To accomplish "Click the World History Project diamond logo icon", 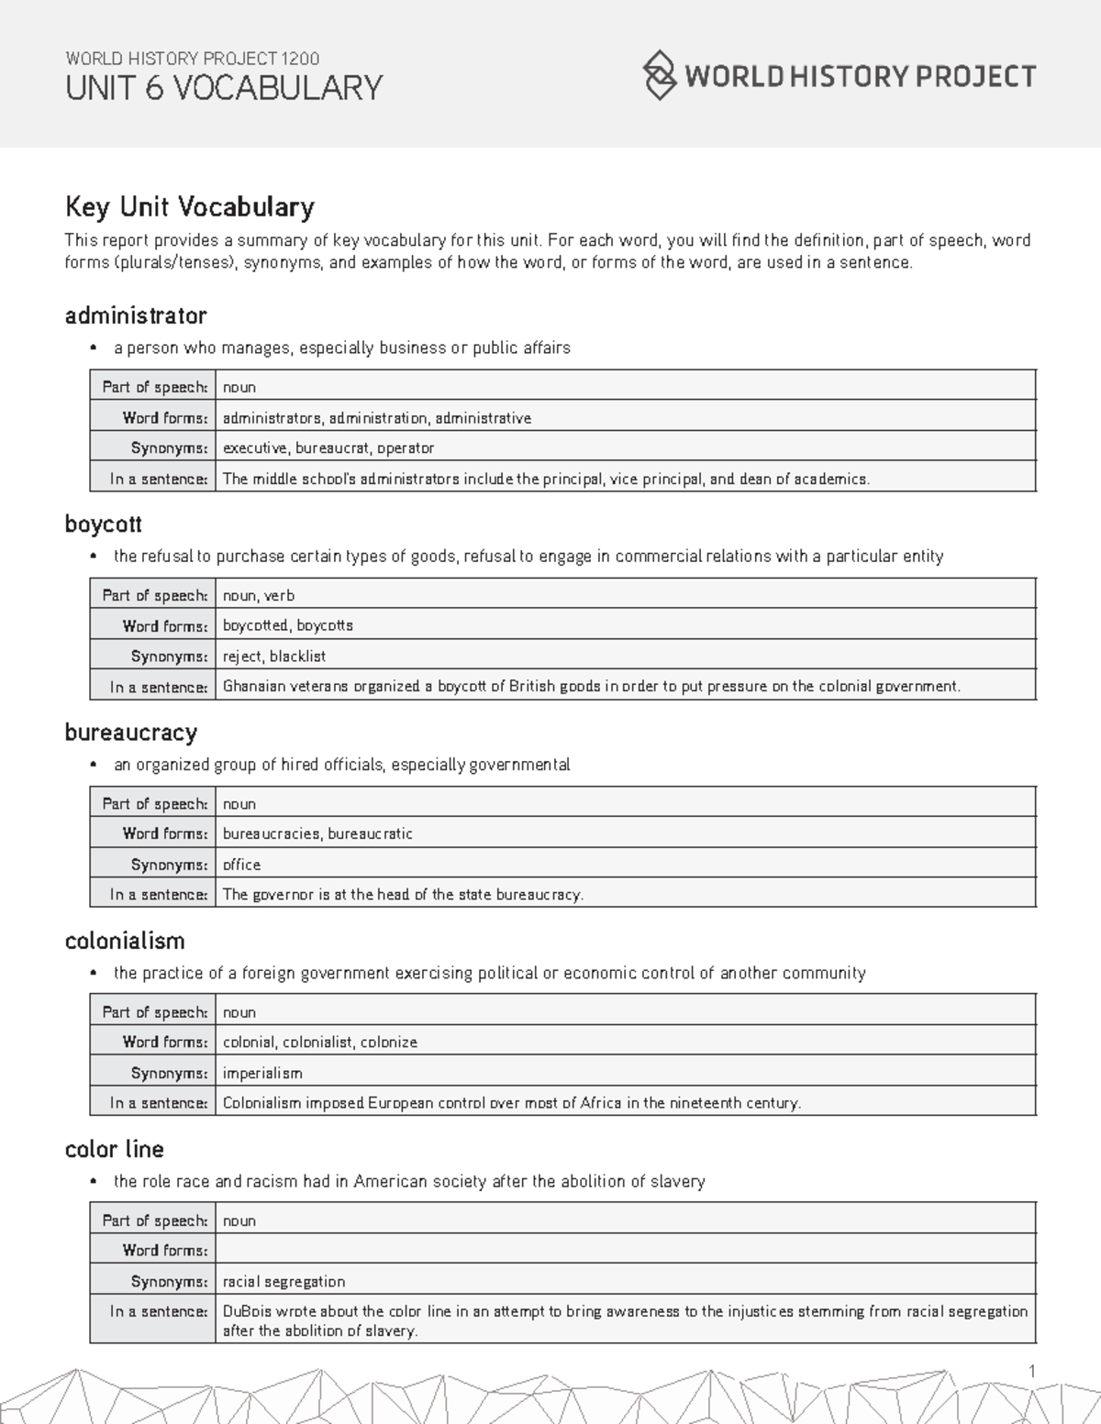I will (659, 75).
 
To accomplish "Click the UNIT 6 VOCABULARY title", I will (223, 89).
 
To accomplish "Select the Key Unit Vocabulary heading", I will (189, 207).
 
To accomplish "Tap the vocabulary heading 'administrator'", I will (136, 316).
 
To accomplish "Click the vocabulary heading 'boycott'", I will (103, 524).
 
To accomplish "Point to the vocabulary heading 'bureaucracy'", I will (130, 733).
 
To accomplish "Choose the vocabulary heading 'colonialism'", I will (125, 941).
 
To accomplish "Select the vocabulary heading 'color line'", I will (114, 1150).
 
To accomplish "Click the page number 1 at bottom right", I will (1032, 1371).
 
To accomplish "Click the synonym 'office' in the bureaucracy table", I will (241, 865).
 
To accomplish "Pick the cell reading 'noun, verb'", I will (259, 596).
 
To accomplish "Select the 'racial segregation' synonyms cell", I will (284, 1282).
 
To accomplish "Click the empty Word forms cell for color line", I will (624, 1251).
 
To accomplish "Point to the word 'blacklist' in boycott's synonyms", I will (297, 657).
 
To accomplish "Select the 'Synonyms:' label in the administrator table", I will (169, 448).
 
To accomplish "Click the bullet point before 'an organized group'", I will (93, 766).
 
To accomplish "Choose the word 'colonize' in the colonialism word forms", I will (388, 1043).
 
